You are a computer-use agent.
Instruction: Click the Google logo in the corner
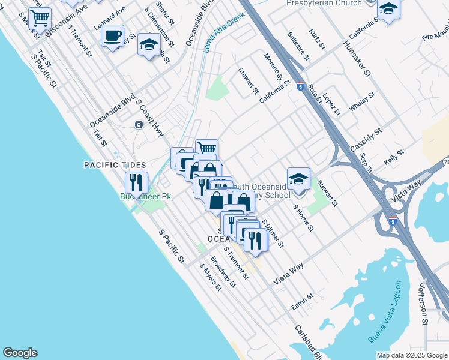pos(20,353)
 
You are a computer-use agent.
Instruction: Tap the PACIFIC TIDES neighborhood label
pos(114,164)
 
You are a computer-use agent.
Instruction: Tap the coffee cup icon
pos(112,37)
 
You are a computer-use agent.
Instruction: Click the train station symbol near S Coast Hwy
pos(139,124)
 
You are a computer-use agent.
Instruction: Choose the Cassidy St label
pos(366,139)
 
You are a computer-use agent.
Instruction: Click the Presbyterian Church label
pos(325,3)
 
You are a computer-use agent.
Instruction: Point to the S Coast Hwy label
pos(151,118)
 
